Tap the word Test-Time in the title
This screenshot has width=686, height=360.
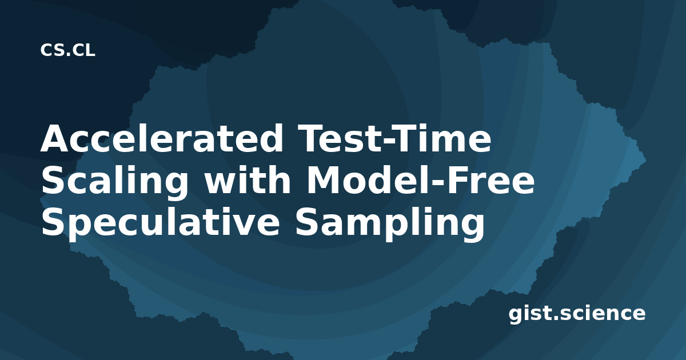(x=394, y=138)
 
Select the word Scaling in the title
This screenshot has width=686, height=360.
(x=114, y=182)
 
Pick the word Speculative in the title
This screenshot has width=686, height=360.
(x=161, y=223)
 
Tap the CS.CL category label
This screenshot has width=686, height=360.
(x=67, y=50)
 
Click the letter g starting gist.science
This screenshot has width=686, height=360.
(x=516, y=315)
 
